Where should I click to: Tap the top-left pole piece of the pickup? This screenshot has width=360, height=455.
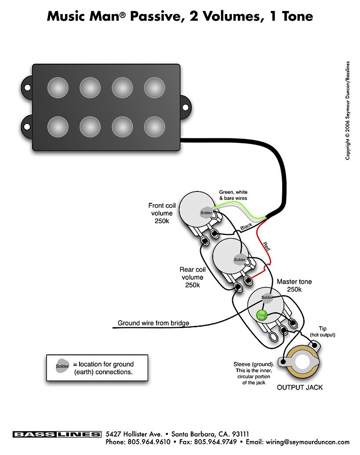point(58,87)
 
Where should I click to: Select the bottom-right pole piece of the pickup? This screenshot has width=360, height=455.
point(154,126)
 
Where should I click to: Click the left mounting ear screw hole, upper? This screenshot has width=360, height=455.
point(27,87)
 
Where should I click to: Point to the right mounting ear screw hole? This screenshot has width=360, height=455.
point(185,107)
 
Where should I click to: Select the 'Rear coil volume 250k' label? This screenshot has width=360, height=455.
point(193,277)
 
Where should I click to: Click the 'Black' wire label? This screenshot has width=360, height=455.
point(246,227)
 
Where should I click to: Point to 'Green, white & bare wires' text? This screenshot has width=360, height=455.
point(233,195)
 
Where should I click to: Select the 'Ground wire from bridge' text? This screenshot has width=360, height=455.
point(153,323)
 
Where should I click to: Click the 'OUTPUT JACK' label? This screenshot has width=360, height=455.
point(300,387)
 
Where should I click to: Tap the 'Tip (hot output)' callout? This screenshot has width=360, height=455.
point(323,332)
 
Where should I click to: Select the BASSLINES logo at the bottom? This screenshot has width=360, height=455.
point(57,434)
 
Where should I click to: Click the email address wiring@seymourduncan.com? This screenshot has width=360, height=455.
point(304,442)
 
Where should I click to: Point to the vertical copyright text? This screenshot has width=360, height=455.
point(348,110)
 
